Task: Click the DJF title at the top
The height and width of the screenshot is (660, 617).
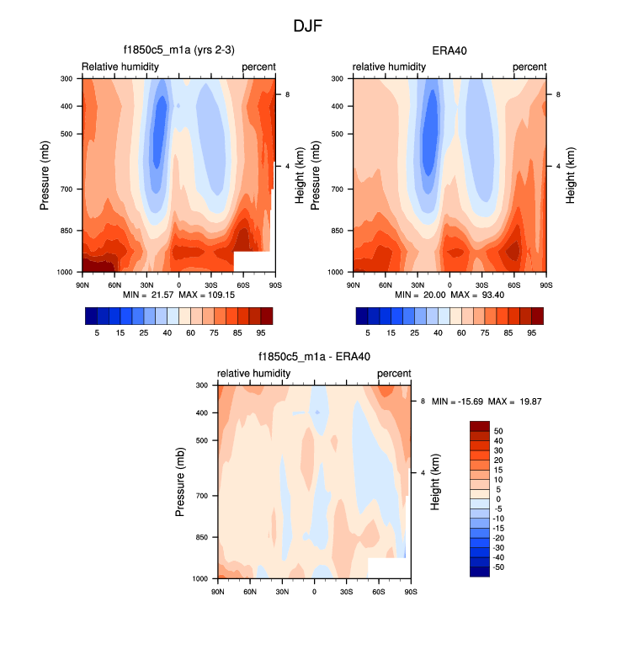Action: tap(308, 26)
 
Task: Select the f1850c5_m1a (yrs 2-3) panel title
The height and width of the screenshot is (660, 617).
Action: tap(178, 51)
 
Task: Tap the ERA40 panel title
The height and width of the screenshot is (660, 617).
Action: tap(449, 51)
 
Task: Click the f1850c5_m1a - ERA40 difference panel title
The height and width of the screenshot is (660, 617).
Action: tap(314, 357)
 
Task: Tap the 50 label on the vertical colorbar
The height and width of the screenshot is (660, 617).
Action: tap(498, 430)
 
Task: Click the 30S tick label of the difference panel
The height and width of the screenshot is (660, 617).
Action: tap(346, 592)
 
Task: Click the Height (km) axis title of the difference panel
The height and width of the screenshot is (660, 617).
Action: tap(436, 482)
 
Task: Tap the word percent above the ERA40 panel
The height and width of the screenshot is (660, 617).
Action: tap(529, 67)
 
